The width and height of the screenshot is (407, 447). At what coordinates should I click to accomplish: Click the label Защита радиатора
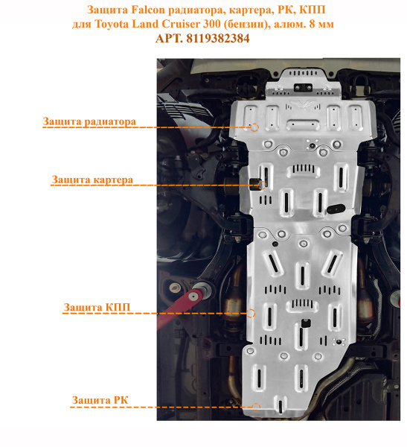(x=89, y=121)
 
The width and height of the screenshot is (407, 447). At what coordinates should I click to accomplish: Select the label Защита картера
(x=92, y=180)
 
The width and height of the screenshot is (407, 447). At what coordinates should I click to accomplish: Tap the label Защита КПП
(x=97, y=307)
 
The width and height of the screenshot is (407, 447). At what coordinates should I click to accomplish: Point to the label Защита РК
(x=100, y=400)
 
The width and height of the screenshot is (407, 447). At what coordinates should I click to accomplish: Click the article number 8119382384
(x=218, y=39)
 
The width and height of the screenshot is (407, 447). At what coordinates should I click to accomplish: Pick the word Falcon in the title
(x=148, y=10)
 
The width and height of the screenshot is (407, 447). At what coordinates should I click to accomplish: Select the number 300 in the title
(x=211, y=24)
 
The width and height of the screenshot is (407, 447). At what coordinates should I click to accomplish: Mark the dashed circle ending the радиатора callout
(x=254, y=127)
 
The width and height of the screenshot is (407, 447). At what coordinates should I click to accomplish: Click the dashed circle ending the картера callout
(x=263, y=185)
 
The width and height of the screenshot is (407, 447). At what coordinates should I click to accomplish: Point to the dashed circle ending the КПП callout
(x=251, y=314)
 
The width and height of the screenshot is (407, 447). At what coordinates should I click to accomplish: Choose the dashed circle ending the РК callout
(x=256, y=407)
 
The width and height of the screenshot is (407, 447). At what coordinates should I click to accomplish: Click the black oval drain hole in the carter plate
(x=336, y=209)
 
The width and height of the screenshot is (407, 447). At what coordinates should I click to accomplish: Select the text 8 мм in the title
(x=321, y=24)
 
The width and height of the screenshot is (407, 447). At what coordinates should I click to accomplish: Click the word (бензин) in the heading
(x=247, y=25)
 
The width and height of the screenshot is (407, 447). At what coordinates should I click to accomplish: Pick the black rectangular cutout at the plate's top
(x=303, y=87)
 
